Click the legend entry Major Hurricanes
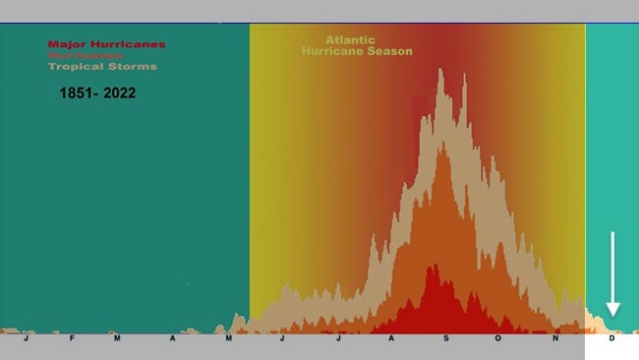tap(106, 44)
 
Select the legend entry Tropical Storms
tap(102, 67)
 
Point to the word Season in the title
tap(390, 51)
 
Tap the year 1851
tap(77, 93)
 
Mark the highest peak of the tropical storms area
tap(439, 70)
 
